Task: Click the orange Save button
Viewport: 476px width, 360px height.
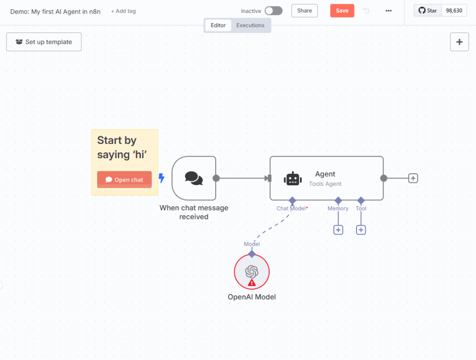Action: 342,11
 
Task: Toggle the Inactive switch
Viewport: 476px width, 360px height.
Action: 273,11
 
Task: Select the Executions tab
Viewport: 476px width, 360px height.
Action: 250,26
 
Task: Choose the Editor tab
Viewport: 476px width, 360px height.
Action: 218,26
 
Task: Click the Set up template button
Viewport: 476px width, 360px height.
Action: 44,42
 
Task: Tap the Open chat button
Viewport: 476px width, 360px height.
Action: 125,180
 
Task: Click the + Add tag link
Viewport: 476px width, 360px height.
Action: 123,11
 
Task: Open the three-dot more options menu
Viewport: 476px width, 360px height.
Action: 389,11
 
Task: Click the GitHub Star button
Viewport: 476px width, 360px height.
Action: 428,11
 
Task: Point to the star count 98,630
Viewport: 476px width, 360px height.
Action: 454,11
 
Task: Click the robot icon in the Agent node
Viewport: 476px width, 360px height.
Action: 293,179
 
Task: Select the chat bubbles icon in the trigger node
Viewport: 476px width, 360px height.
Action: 194,178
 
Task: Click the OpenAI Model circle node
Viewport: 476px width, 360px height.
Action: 251,272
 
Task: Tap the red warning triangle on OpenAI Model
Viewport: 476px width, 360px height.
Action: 251,283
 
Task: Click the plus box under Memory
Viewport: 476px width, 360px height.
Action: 338,230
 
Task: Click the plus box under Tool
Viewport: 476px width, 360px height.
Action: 361,230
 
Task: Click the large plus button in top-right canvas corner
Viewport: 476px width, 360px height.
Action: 459,42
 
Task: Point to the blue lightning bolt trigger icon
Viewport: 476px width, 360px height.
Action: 161,178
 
